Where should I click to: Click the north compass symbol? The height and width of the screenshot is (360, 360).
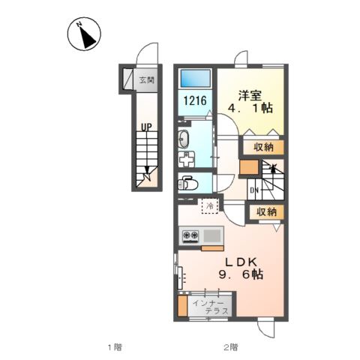(x=84, y=34)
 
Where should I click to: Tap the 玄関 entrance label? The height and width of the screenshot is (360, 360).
(x=147, y=80)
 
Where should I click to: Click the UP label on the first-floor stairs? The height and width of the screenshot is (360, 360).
(x=146, y=127)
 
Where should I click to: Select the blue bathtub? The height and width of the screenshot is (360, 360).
(x=196, y=79)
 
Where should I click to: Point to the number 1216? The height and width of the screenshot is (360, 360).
(x=195, y=100)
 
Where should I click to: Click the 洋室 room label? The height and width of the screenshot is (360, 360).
(x=250, y=96)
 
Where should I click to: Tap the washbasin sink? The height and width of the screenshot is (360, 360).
(x=184, y=139)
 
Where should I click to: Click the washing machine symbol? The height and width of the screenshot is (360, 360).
(x=186, y=160)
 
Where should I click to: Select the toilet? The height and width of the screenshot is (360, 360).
(x=187, y=183)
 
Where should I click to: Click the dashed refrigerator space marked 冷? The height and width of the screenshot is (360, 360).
(x=210, y=206)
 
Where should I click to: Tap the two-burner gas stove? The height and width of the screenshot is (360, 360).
(x=190, y=235)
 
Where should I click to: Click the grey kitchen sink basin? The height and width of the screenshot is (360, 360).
(x=212, y=235)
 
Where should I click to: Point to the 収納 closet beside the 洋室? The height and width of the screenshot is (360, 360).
(x=263, y=147)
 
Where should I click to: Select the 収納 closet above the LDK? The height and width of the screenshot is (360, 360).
(x=267, y=212)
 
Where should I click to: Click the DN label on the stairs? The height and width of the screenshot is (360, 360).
(x=254, y=190)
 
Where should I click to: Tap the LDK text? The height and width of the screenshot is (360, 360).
(x=241, y=262)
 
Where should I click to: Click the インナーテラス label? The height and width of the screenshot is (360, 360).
(x=211, y=307)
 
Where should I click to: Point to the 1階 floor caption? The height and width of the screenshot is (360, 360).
(x=115, y=347)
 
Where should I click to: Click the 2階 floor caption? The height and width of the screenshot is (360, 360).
(x=230, y=347)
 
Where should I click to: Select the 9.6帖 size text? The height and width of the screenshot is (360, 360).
(x=241, y=274)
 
